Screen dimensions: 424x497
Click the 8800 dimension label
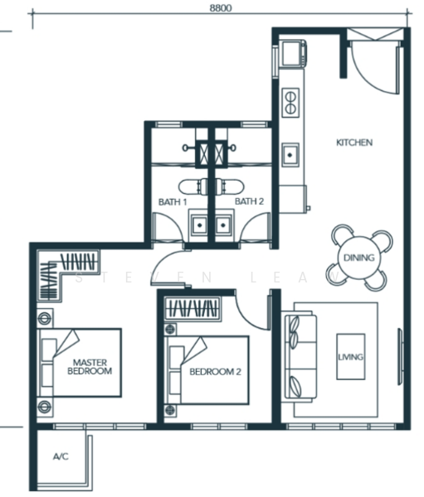click(221, 7)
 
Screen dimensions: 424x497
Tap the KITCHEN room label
click(354, 142)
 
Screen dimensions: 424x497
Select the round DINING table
click(359, 258)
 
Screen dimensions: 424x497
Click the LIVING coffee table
click(351, 356)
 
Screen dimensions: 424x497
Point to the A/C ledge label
click(61, 456)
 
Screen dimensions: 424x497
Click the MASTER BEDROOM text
click(90, 367)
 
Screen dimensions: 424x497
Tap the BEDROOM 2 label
click(216, 371)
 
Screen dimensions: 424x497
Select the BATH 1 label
click(173, 202)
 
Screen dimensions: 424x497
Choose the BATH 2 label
click(249, 201)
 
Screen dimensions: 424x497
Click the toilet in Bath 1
click(193, 187)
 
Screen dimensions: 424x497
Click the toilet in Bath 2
click(230, 187)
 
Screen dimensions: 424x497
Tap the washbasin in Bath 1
click(199, 225)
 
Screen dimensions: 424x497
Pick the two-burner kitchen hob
click(290, 102)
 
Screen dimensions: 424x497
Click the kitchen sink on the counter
click(290, 155)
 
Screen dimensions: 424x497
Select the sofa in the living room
click(300, 356)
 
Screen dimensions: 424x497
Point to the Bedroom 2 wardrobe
click(193, 308)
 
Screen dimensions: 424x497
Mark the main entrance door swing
click(375, 70)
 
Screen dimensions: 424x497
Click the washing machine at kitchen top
click(294, 53)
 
